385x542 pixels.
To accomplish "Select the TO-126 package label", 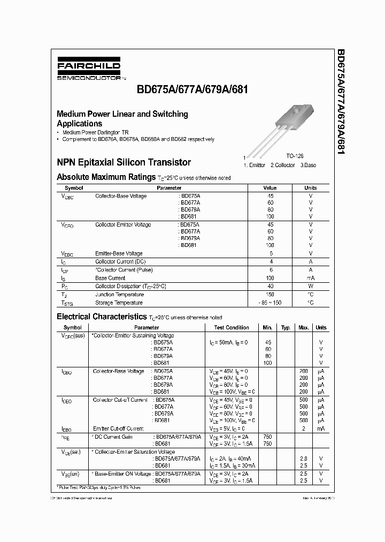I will pos(295,156).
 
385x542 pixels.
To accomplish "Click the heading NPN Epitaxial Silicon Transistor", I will pos(124,162).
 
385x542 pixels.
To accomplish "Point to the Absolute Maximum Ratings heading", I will pos(106,177).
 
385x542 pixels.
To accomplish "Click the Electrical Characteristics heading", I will pos(101,317).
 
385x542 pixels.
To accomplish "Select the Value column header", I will pos(270,188).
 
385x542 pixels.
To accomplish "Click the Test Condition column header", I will pos(232,327).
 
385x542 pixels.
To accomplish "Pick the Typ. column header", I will pos(286,327).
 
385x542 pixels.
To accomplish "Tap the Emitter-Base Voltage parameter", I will pos(119,253).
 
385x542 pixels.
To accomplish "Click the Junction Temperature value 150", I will pos(270,295).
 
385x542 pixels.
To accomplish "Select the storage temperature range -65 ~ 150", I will pos(270,303).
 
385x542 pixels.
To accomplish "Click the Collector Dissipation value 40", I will pos(270,287).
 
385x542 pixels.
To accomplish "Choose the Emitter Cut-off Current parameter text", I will pos(118,428).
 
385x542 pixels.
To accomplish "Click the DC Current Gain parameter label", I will pos(114,436).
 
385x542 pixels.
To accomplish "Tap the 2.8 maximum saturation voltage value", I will pos(303,459).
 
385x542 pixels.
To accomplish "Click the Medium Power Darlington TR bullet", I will pos(95,132).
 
